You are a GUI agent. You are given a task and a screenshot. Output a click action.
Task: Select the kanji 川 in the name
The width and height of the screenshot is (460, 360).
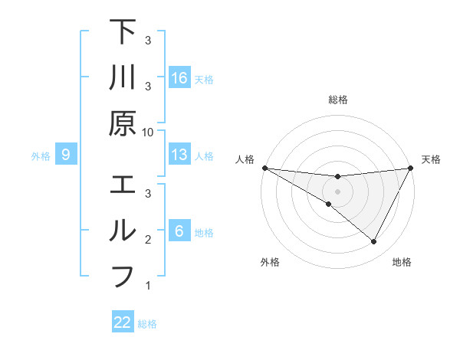(123, 77)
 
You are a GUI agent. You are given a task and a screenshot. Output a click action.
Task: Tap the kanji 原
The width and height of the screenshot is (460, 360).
(123, 123)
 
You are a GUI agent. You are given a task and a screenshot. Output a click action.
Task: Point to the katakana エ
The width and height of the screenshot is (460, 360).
(123, 186)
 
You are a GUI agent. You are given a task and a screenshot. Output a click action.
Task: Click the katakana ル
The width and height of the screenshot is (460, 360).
(123, 231)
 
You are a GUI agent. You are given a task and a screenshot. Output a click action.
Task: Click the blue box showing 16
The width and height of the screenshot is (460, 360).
(179, 78)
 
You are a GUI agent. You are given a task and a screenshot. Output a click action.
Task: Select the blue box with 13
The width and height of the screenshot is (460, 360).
(179, 155)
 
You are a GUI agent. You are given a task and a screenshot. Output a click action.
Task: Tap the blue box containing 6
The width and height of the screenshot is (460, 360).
(179, 231)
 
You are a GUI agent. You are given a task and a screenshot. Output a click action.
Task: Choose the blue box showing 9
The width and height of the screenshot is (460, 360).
(66, 155)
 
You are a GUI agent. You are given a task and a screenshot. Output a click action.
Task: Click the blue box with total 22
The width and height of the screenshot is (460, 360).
(123, 322)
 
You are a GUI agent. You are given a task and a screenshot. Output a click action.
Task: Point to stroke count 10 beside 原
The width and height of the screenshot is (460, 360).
(148, 133)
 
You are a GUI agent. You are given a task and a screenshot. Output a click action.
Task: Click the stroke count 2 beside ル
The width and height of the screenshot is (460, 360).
(148, 240)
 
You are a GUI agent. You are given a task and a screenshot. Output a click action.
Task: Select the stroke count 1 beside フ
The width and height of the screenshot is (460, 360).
(148, 286)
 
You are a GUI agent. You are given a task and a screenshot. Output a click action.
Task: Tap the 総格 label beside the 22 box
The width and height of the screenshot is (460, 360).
(147, 324)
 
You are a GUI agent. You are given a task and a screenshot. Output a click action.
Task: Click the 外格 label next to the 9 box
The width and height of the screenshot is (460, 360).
(41, 156)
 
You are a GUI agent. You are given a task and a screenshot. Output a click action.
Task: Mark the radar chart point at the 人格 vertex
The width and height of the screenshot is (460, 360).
(264, 167)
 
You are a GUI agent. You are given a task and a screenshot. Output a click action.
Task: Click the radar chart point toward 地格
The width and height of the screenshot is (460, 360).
(373, 242)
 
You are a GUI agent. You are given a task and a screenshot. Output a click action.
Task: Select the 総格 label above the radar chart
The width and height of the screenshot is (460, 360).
(337, 100)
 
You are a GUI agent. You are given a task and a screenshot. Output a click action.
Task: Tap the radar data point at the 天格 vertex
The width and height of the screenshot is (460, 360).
(411, 168)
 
